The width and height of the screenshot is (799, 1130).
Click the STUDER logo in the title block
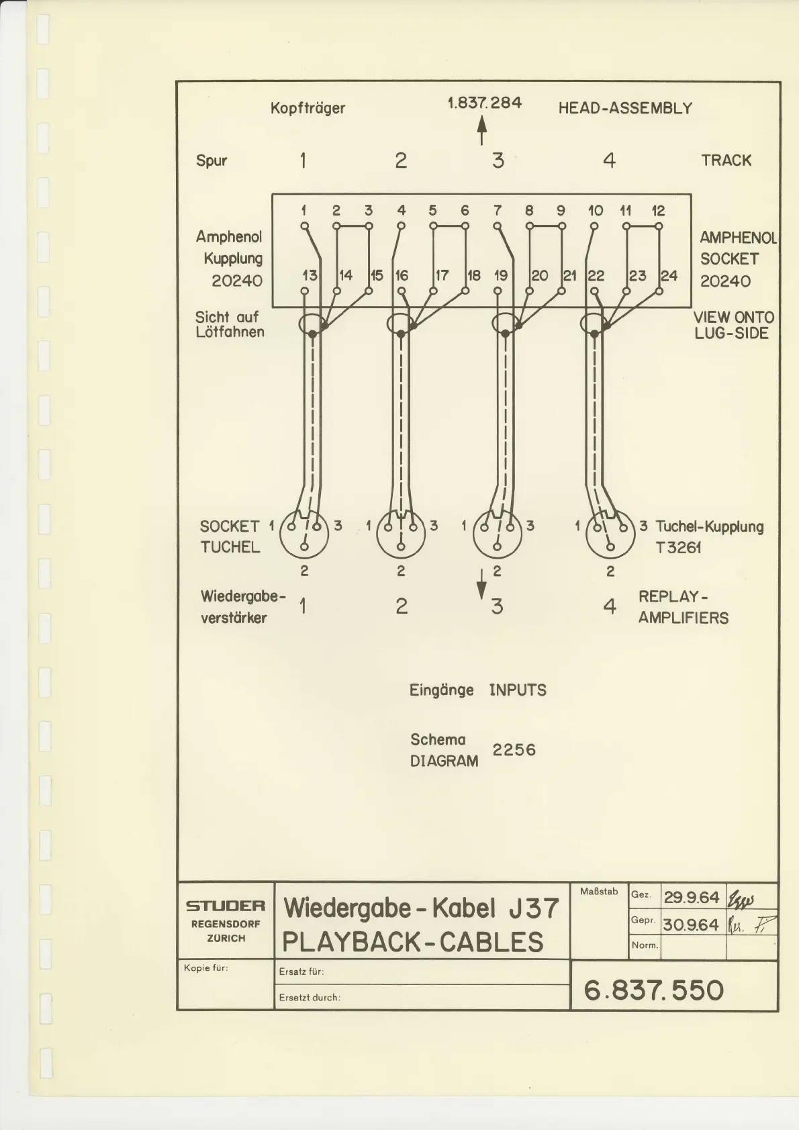[x=226, y=906]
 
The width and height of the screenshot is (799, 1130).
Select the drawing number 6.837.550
[x=653, y=990]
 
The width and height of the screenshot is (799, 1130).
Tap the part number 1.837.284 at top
[x=484, y=103]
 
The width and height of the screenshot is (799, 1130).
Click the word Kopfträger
[x=308, y=108]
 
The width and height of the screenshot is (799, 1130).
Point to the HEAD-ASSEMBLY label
[x=624, y=108]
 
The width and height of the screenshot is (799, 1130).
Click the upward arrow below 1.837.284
[x=481, y=130]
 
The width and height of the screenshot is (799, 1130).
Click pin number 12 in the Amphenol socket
[x=658, y=210]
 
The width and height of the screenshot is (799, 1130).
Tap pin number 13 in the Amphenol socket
[x=310, y=275]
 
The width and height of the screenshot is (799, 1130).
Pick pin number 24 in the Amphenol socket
[x=669, y=275]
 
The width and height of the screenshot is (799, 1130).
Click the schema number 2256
[x=514, y=749]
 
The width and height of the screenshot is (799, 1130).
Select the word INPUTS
[x=517, y=690]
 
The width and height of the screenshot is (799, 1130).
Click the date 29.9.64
[x=691, y=897]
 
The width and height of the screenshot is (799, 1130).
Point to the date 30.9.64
[x=691, y=925]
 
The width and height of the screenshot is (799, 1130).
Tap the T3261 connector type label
[x=678, y=547]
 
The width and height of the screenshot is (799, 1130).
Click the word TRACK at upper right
[x=726, y=160]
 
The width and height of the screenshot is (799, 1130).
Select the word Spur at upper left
[x=211, y=160]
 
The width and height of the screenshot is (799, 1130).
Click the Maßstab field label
[x=598, y=892]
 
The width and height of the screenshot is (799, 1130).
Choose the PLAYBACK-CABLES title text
[x=412, y=942]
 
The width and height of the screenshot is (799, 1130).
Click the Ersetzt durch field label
[x=310, y=997]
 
